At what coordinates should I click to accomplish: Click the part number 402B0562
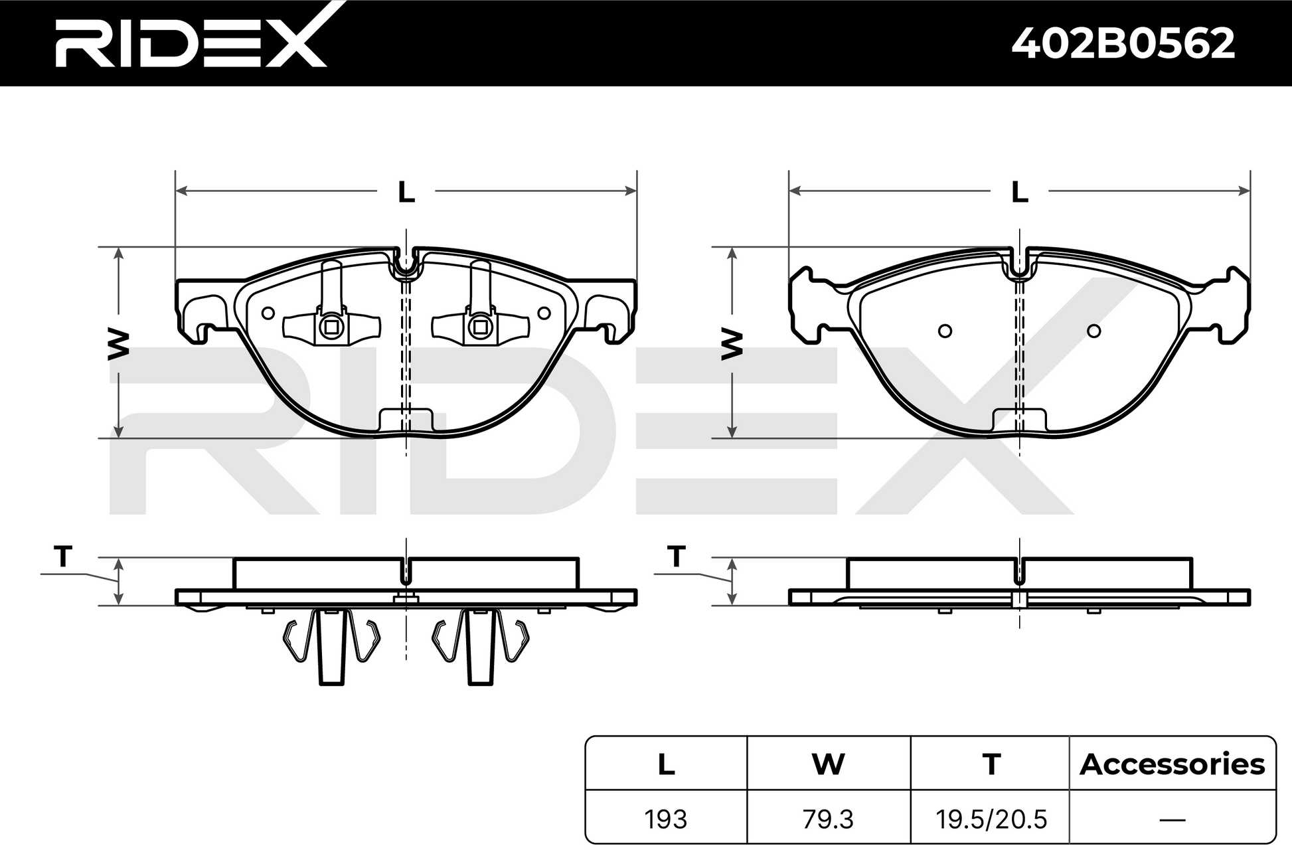1123,44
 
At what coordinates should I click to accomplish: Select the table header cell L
666,764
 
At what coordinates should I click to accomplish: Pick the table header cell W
828,764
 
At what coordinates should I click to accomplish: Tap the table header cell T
991,764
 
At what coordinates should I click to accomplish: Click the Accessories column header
1172,764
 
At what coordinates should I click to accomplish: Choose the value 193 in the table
666,819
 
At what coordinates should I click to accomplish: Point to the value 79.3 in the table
828,819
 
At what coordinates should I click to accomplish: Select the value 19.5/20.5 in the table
991,819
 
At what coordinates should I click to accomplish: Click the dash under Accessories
1172,819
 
